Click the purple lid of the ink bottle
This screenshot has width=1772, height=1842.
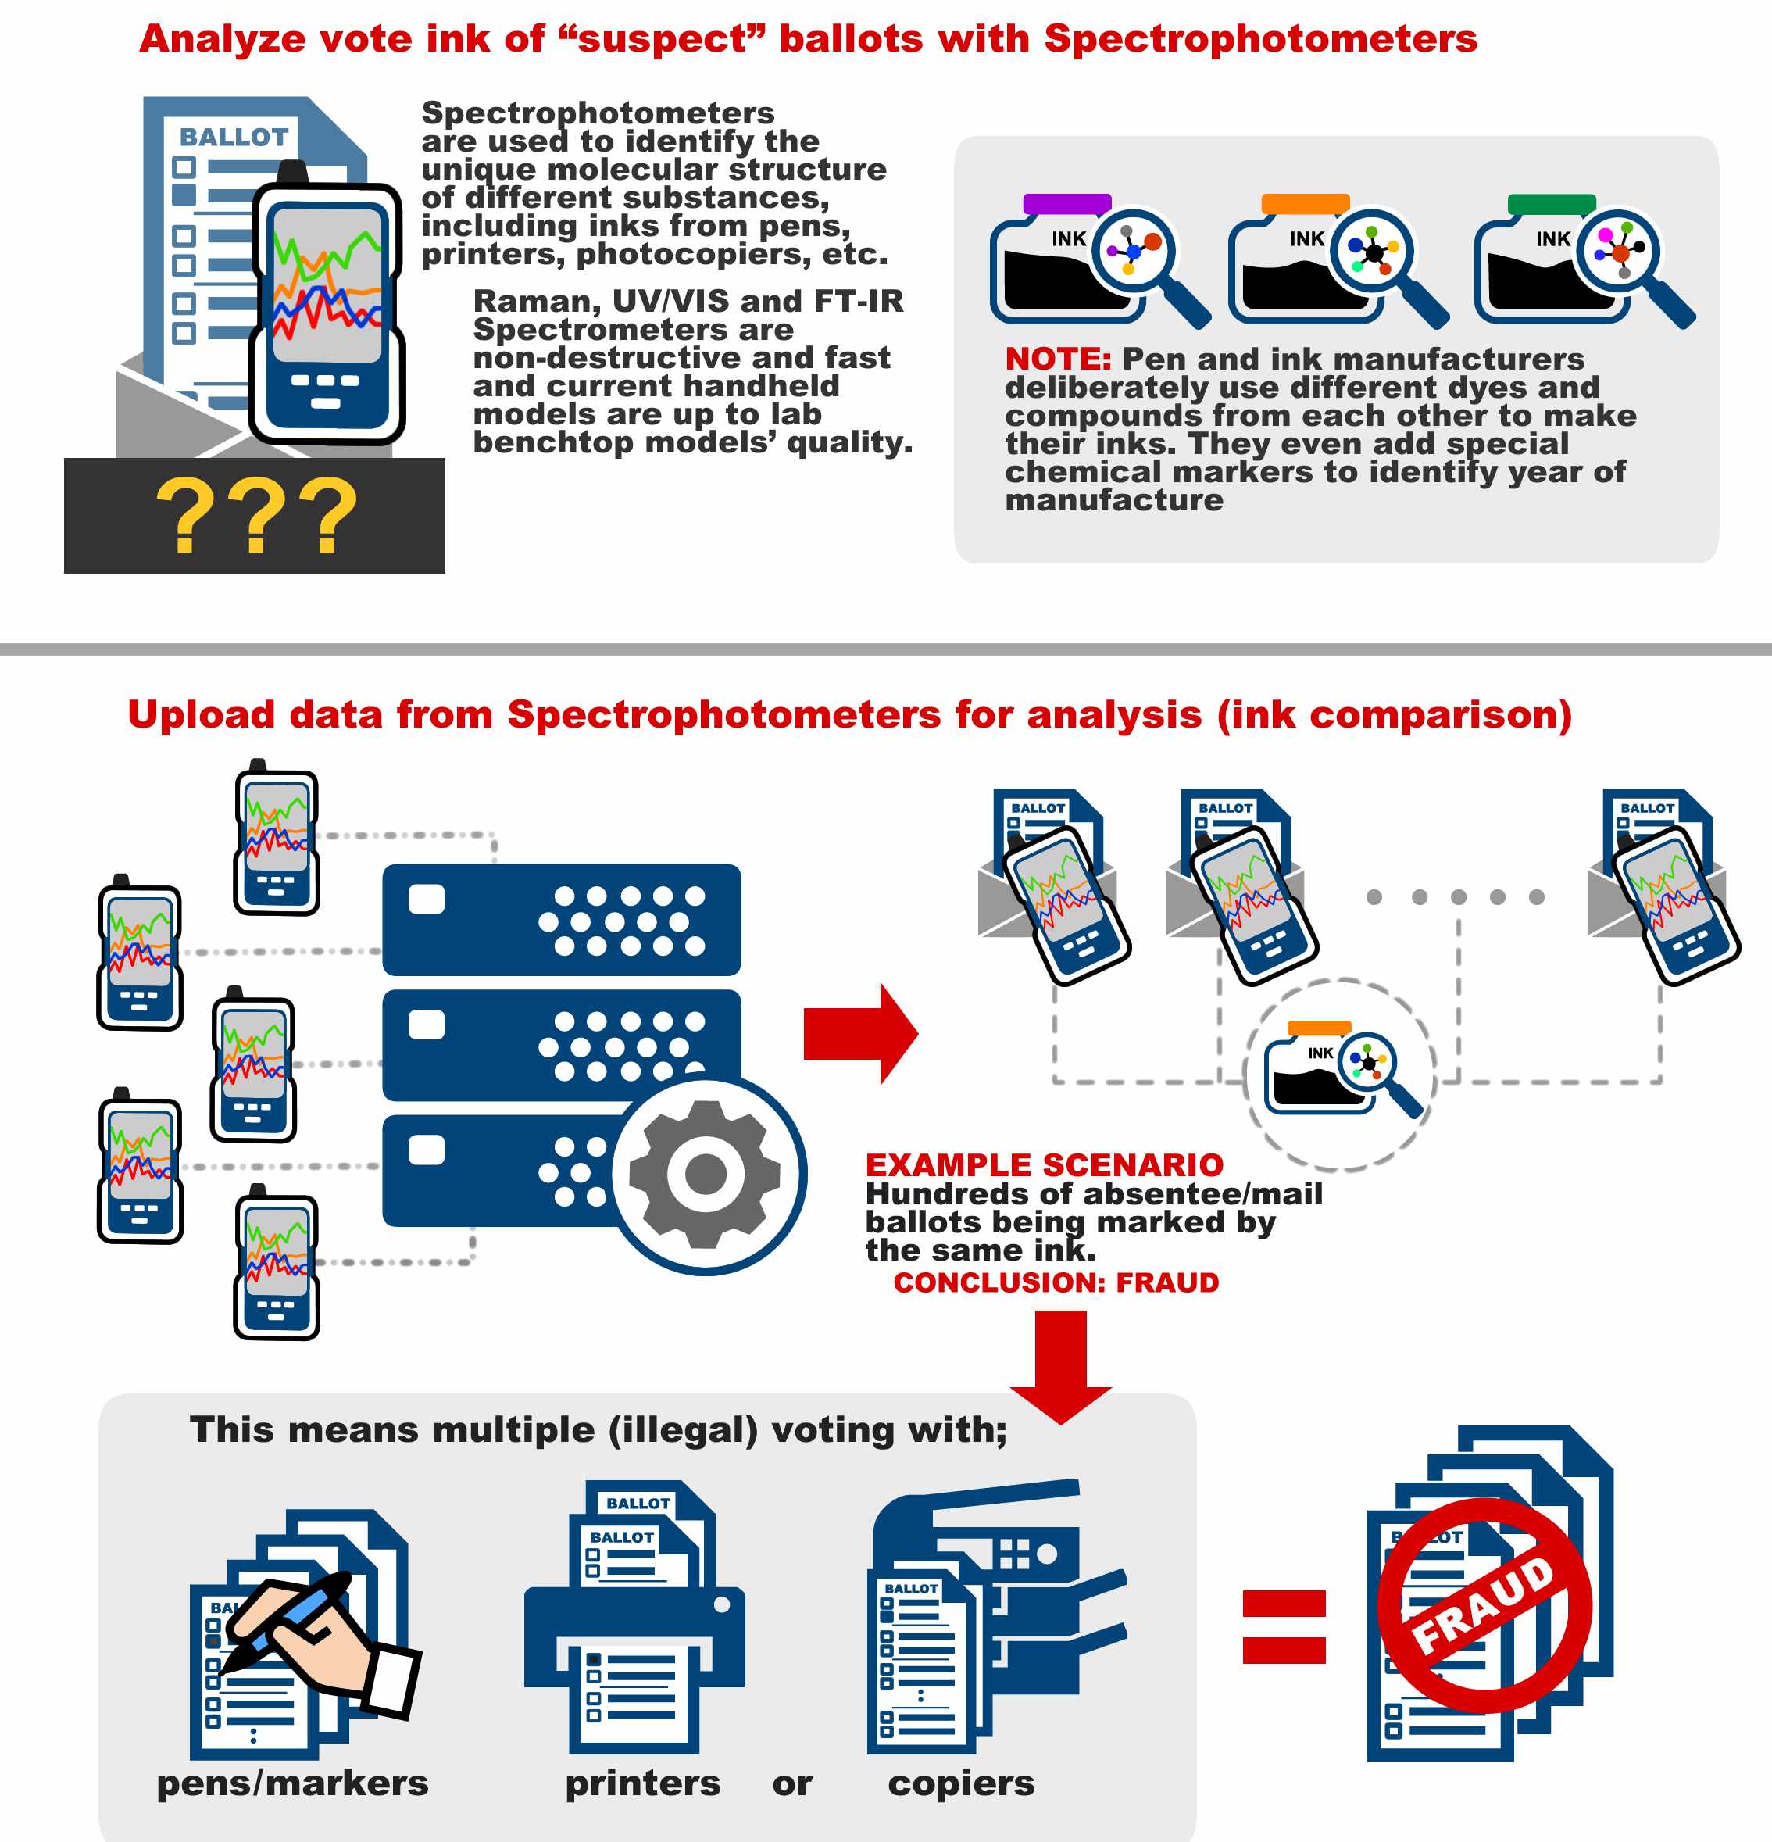[x=1066, y=204]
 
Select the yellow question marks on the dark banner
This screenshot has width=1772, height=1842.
[x=255, y=516]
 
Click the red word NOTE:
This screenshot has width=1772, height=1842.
[x=1058, y=359]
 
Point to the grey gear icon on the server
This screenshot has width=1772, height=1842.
[x=705, y=1174]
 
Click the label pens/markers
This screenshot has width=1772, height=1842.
[x=292, y=1783]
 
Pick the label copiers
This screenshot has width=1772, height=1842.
[x=961, y=1783]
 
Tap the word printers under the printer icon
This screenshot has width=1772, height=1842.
[x=643, y=1783]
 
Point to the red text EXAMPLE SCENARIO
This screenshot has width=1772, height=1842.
[x=1044, y=1165]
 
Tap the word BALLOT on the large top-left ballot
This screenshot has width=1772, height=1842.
[x=234, y=138]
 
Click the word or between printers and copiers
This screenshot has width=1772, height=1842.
[x=792, y=1783]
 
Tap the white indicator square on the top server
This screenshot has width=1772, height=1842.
[x=427, y=900]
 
